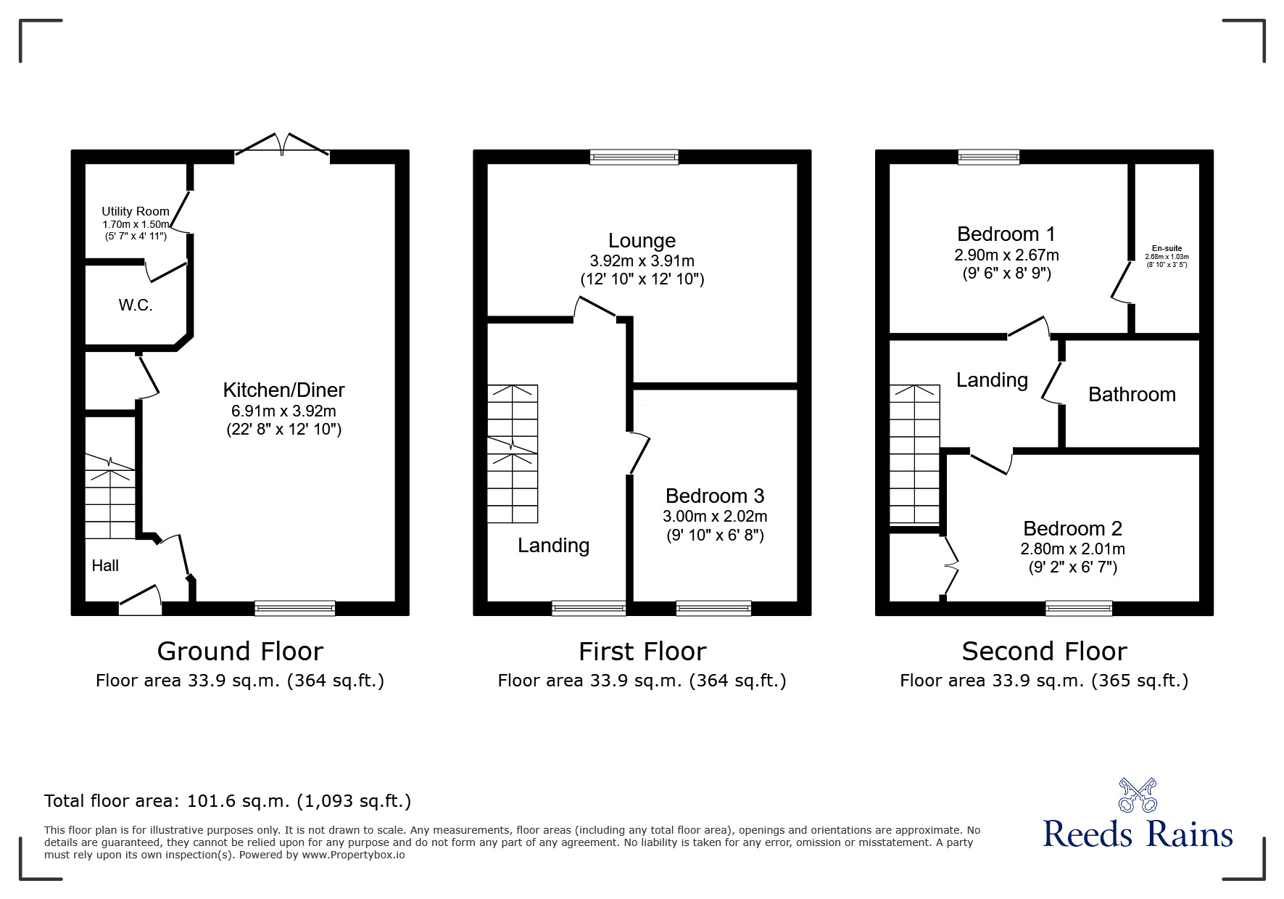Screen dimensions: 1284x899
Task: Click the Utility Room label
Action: click(x=136, y=211)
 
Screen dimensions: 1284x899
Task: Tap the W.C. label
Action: click(x=136, y=305)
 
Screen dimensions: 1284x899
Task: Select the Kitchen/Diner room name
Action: click(x=283, y=390)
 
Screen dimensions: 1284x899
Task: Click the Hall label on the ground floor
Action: click(x=105, y=565)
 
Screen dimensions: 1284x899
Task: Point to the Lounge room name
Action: click(x=642, y=240)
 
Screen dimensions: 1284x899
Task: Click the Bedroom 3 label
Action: click(x=715, y=496)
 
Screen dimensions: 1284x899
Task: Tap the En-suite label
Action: click(x=1167, y=248)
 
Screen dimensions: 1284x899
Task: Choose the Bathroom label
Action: click(x=1132, y=394)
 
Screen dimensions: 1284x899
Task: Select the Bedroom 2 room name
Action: click(x=1073, y=528)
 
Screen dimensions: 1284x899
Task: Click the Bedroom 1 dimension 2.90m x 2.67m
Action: click(x=1006, y=255)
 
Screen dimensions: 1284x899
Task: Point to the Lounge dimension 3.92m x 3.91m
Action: click(x=642, y=260)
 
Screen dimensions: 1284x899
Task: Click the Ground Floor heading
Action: click(x=240, y=652)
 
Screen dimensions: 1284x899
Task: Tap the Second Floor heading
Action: click(x=1044, y=652)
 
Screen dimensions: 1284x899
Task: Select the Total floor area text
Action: click(x=228, y=801)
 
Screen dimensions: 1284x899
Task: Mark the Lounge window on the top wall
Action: click(x=634, y=157)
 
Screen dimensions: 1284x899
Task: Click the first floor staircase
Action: click(x=513, y=453)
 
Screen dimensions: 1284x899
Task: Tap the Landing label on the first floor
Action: click(x=553, y=546)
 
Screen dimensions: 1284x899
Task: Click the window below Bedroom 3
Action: click(x=713, y=608)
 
